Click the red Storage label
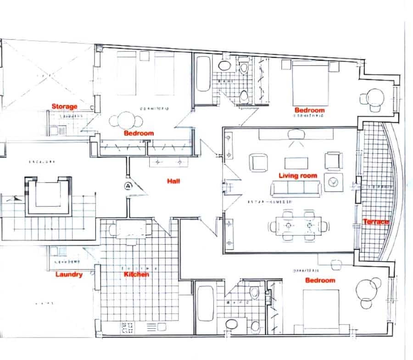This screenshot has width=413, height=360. [x=64, y=107]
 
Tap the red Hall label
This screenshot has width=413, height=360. [x=173, y=181]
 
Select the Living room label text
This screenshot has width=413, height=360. [x=298, y=175]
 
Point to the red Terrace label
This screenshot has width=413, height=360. [x=376, y=222]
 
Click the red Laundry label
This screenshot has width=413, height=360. [x=69, y=275]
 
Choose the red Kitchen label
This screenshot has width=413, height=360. [x=137, y=275]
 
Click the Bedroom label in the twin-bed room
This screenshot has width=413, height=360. [x=139, y=133]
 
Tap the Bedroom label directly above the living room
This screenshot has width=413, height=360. [x=309, y=110]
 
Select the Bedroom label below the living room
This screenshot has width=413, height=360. [x=320, y=280]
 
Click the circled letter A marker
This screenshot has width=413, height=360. [x=127, y=186]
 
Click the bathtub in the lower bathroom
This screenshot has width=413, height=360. [x=203, y=309]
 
